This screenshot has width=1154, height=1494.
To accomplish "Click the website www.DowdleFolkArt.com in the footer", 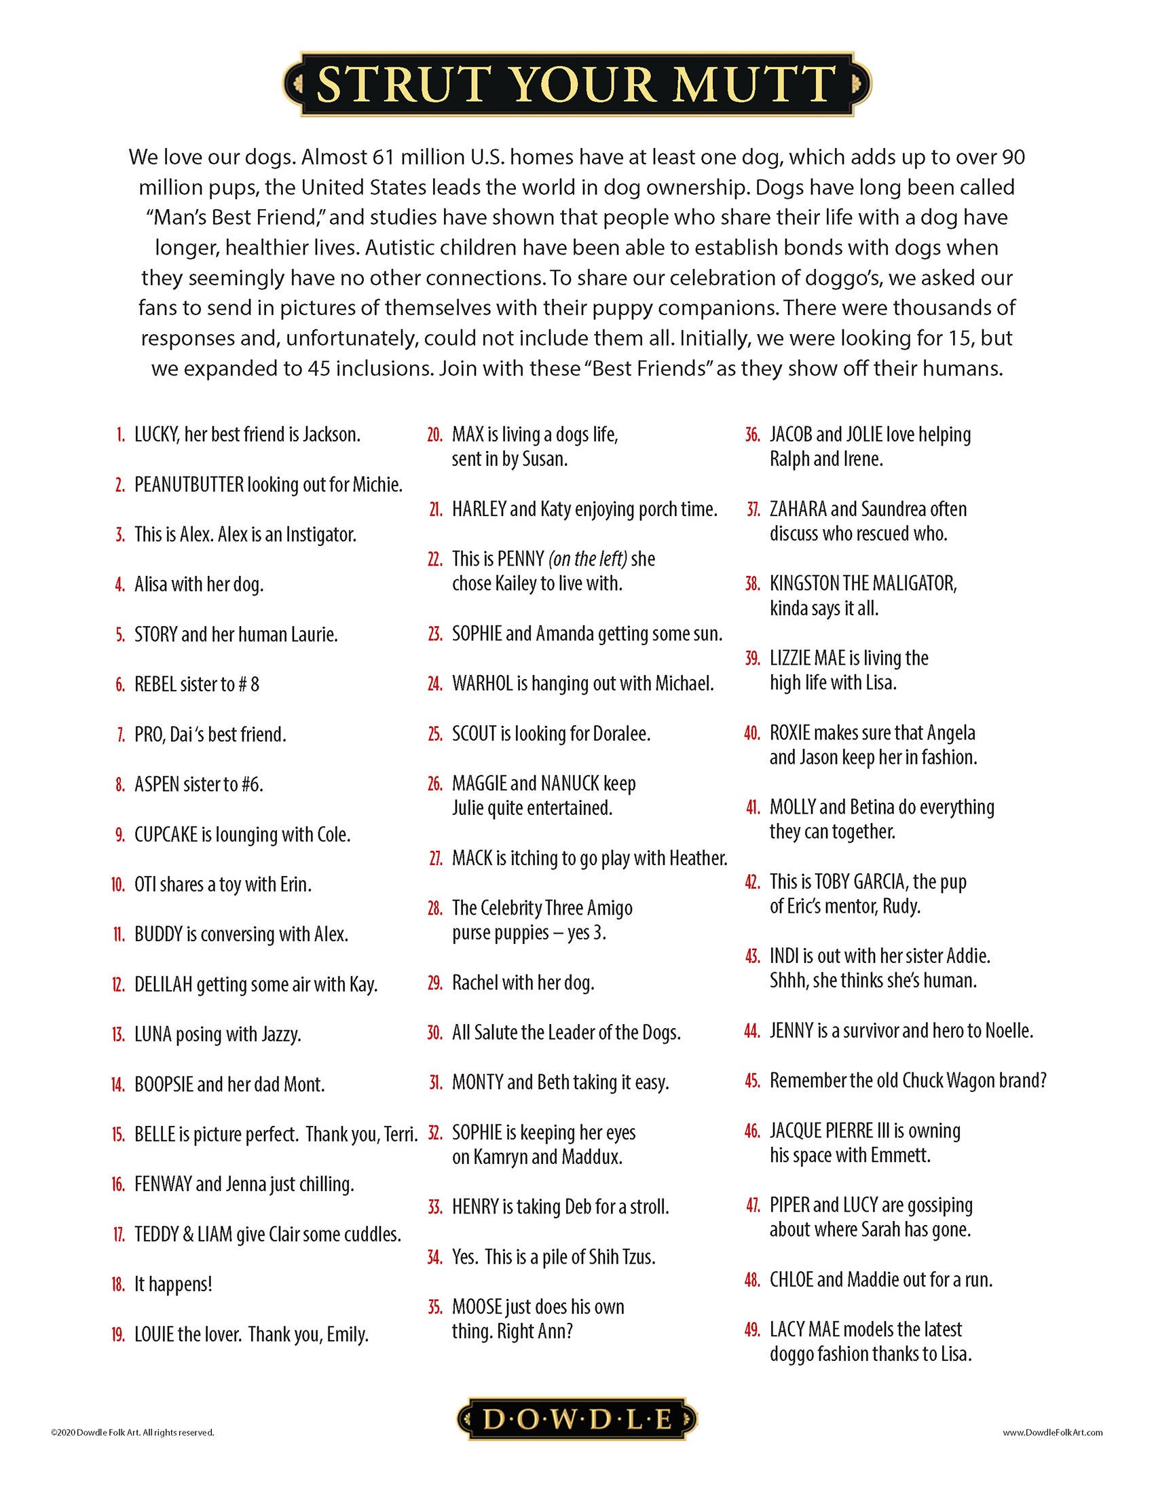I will (1052, 1432).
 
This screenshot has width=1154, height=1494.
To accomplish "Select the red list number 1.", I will (121, 435).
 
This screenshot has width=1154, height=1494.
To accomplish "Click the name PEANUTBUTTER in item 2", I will (189, 485).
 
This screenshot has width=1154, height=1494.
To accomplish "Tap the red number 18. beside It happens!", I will (118, 1285).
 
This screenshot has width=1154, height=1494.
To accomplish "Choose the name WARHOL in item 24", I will (482, 683).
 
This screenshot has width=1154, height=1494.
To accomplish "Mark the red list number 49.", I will (752, 1330).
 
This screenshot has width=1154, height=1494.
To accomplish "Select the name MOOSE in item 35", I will (477, 1307).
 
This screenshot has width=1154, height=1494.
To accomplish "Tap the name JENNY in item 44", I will (792, 1031).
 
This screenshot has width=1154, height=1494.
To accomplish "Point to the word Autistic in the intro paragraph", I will (404, 248).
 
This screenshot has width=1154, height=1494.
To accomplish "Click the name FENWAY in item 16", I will (163, 1185).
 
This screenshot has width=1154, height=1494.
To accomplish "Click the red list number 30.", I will (435, 1033).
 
